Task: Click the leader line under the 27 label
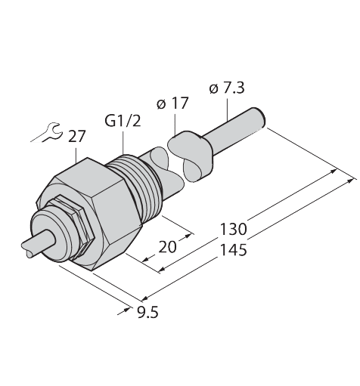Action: pos(77,153)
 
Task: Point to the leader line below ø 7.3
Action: pos(229,106)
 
